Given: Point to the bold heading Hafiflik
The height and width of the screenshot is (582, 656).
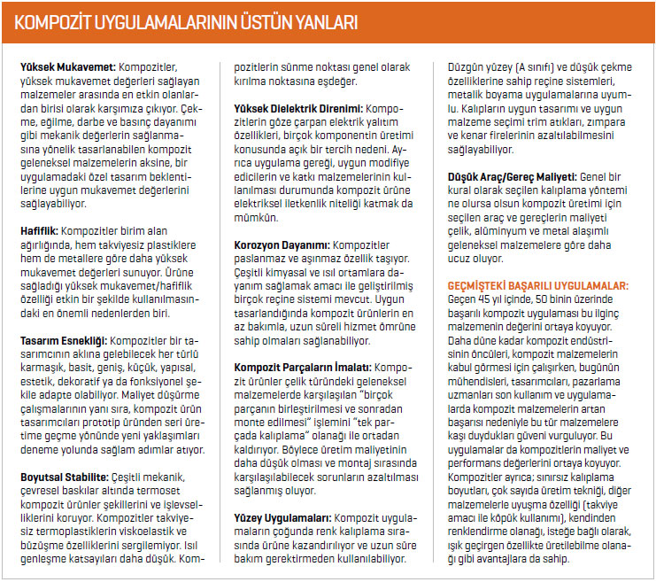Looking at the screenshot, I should point(40,203).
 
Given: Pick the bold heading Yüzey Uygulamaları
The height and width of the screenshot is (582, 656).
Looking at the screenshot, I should point(282,517).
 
